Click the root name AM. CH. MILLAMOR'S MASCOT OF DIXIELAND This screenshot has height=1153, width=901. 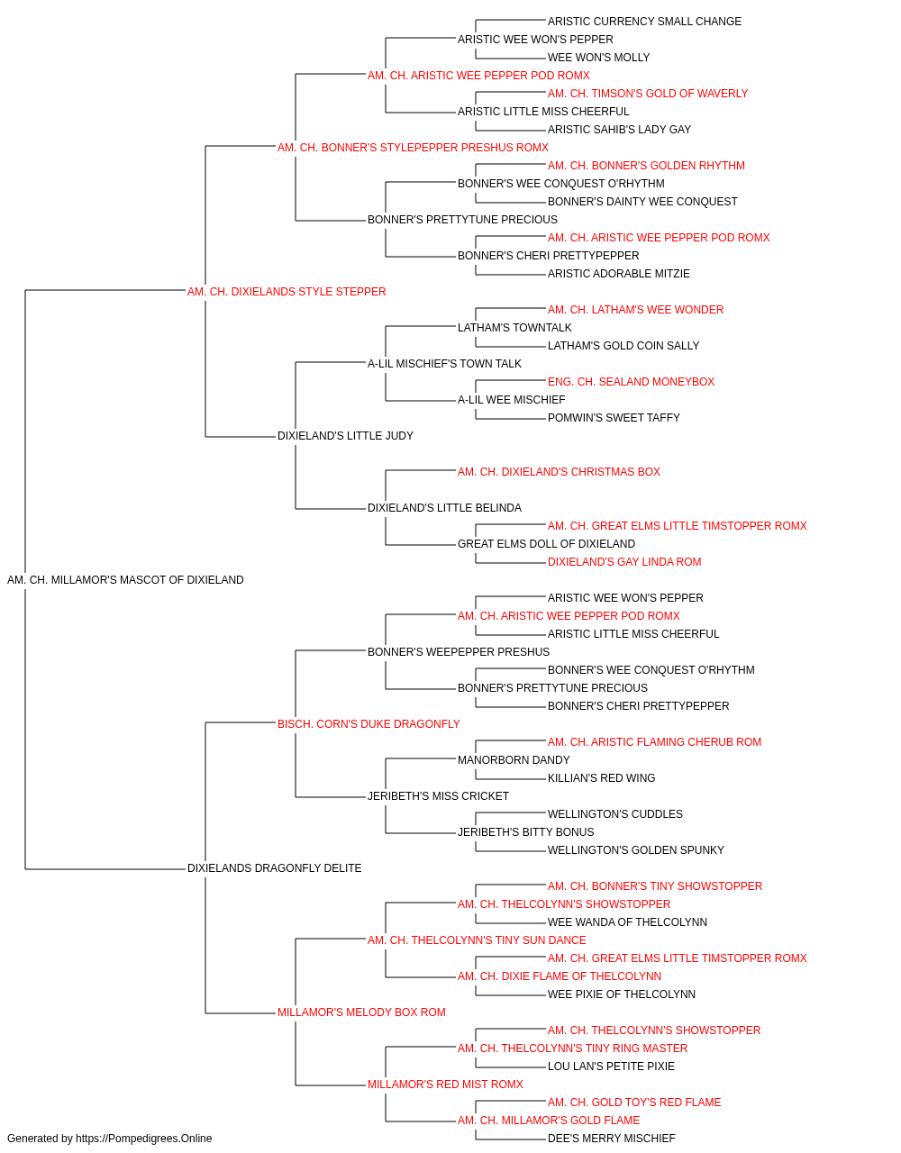[x=125, y=580]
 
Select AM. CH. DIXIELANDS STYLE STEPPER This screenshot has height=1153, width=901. [x=287, y=292]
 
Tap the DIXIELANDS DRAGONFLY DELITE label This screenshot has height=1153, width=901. [x=274, y=868]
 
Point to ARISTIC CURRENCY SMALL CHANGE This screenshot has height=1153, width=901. [x=644, y=22]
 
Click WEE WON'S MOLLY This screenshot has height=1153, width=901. [x=598, y=58]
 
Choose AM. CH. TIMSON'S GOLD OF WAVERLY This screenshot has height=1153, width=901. [x=647, y=94]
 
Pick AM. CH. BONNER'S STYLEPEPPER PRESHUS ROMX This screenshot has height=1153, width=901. [x=413, y=148]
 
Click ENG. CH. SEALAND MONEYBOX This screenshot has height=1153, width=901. [x=631, y=382]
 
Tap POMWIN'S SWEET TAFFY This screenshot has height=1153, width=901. [x=614, y=418]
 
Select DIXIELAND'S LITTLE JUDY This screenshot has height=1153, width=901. [x=345, y=436]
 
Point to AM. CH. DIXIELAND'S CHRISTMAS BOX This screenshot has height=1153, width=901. [x=559, y=472]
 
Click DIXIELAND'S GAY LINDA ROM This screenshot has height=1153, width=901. [x=624, y=562]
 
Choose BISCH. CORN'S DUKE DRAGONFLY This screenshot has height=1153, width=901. [x=369, y=724]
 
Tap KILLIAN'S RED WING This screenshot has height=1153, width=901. [x=601, y=778]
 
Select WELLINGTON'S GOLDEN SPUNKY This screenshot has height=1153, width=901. [x=636, y=850]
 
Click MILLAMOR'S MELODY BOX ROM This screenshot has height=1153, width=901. [x=361, y=1012]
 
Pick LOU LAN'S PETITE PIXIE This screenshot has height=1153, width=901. [x=611, y=1067]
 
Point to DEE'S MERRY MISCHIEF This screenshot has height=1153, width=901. [x=611, y=1139]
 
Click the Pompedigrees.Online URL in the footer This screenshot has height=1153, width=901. [x=143, y=1139]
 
